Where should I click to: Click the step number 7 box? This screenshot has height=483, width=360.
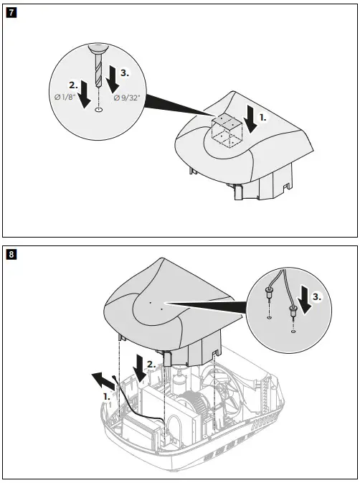point(10,12)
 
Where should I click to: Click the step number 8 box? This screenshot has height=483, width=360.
point(10,253)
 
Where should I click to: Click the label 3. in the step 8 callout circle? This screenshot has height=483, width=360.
point(317,295)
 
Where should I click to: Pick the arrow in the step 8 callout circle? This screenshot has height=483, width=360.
point(305,302)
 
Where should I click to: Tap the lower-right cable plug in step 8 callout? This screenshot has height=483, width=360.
point(293,312)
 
